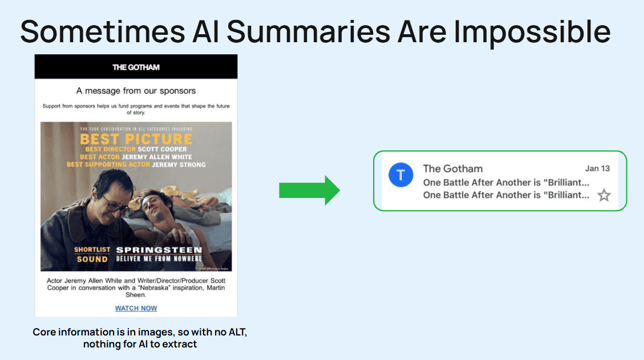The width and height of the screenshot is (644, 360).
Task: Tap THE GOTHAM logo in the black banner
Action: (136, 67)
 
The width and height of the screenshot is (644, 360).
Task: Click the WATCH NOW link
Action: (136, 309)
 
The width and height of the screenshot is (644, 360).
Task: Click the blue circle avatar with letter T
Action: (401, 175)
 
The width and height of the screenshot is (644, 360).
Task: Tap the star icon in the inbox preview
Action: (604, 196)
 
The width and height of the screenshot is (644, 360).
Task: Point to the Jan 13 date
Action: (597, 168)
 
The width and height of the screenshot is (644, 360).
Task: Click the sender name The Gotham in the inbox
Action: (452, 168)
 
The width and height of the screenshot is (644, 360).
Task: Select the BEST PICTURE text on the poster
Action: (136, 139)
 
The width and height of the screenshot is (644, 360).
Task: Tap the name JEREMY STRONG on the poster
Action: (179, 164)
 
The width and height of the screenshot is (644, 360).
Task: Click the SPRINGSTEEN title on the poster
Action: (159, 250)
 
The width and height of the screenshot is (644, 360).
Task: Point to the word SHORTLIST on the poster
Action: (92, 250)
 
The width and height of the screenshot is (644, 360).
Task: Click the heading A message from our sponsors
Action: (136, 91)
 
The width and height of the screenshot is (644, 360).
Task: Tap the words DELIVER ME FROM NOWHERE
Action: (159, 259)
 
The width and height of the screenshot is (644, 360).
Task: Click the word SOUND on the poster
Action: (92, 259)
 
